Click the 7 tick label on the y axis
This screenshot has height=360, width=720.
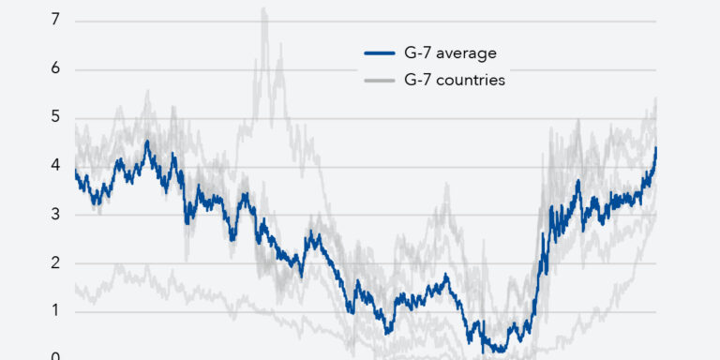click(55, 21)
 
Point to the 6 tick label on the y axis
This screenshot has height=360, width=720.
click(55, 68)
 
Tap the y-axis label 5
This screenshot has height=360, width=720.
click(55, 117)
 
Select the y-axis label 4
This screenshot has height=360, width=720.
click(55, 165)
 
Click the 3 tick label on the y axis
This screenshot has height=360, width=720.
click(55, 214)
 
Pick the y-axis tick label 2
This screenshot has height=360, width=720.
click(55, 262)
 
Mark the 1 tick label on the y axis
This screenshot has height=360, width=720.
click(55, 311)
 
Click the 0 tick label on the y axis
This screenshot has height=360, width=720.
click(55, 356)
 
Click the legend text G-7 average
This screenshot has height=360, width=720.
click(450, 53)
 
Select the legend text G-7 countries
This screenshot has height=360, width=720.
click(455, 81)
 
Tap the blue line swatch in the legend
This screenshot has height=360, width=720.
click(380, 53)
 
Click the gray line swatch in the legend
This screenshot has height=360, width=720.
click(380, 81)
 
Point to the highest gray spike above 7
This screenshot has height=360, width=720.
click(264, 8)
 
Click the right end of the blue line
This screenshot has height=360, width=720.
click(656, 148)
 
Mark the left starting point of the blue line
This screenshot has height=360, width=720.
click(75, 171)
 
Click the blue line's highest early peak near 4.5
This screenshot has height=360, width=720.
click(147, 142)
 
